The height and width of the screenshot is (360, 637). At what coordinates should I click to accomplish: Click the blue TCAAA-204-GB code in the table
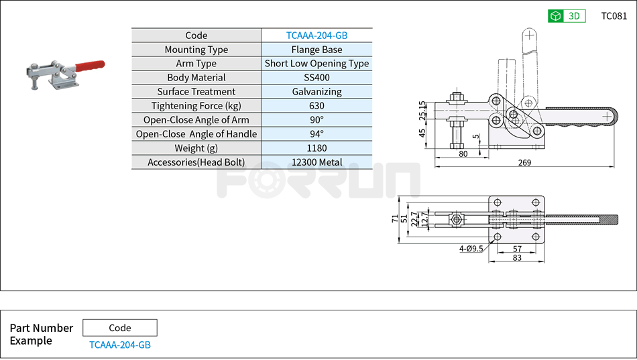[x=316, y=36]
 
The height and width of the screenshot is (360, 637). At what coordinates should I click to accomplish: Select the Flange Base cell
[x=316, y=50]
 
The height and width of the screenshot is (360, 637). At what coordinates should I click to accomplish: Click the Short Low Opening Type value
[x=316, y=64]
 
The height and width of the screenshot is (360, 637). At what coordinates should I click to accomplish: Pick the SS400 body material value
[x=316, y=78]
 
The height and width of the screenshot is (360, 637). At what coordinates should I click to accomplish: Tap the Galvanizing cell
[x=316, y=92]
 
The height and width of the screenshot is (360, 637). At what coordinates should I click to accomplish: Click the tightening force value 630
[x=316, y=106]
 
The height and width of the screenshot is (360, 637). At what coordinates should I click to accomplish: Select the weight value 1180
[x=316, y=148]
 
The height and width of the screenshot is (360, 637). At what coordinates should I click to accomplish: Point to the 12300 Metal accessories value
[x=316, y=162]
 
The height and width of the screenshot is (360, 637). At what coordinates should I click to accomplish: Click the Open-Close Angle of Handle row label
[x=196, y=134]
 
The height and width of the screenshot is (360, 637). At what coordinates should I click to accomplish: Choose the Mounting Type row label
[x=196, y=50]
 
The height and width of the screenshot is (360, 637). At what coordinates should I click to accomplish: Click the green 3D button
[x=567, y=16]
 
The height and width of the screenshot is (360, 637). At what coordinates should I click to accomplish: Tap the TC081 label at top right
[x=614, y=16]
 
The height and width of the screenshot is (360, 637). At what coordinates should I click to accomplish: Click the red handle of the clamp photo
[x=89, y=66]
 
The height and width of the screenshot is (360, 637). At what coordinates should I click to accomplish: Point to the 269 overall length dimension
[x=524, y=162]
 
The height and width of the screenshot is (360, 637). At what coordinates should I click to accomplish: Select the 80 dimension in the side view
[x=463, y=154]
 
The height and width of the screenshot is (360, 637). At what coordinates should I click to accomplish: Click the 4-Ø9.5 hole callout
[x=471, y=249]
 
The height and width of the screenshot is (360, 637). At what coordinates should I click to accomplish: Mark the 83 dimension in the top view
[x=517, y=258]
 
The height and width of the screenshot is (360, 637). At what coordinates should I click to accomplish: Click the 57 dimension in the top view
[x=517, y=249]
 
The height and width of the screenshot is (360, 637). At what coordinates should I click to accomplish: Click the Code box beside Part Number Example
[x=120, y=328]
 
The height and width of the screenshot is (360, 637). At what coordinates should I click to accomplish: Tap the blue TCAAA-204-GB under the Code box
[x=120, y=345]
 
